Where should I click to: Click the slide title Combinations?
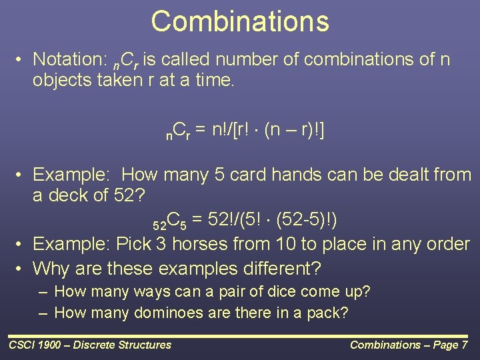pyautogui.click(x=240, y=21)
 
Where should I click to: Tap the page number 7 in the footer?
pyautogui.click(x=464, y=345)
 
